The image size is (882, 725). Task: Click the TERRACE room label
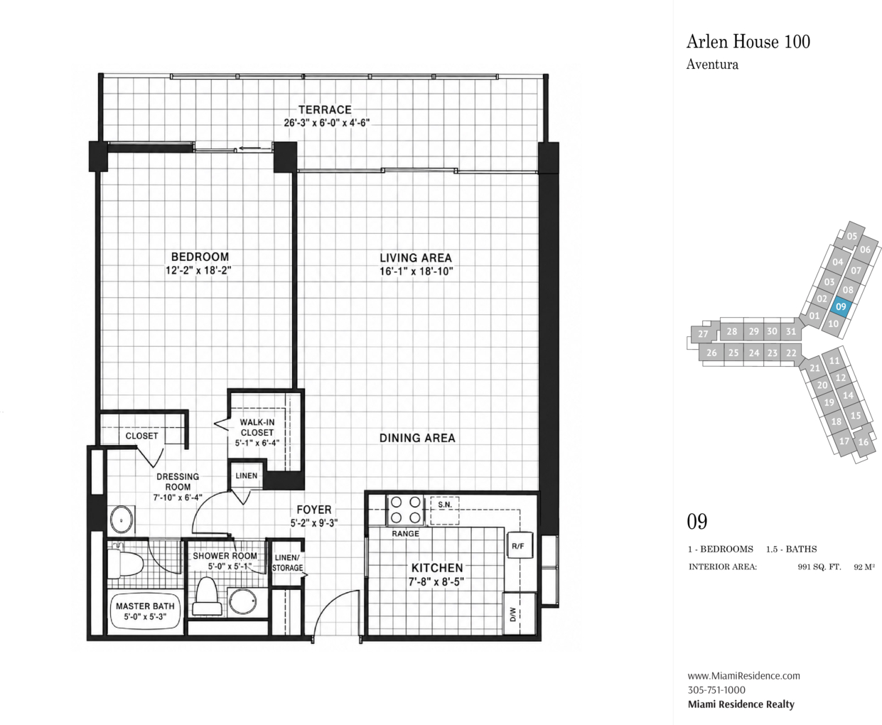pyautogui.click(x=325, y=109)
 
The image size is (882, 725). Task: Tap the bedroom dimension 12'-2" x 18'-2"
pyautogui.click(x=198, y=270)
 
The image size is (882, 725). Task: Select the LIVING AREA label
pyautogui.click(x=416, y=258)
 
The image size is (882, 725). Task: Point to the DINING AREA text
pyautogui.click(x=417, y=438)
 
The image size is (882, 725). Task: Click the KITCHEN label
pyautogui.click(x=437, y=568)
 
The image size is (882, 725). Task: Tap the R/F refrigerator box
pyautogui.click(x=520, y=545)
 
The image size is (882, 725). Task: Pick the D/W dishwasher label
pyautogui.click(x=513, y=615)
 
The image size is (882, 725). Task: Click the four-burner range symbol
pyautogui.click(x=405, y=510)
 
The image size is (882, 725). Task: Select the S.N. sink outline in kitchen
pyautogui.click(x=445, y=510)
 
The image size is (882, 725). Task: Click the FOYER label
pyautogui.click(x=313, y=510)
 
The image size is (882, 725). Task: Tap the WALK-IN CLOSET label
pyautogui.click(x=257, y=427)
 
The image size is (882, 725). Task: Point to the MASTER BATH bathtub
pyautogui.click(x=145, y=611)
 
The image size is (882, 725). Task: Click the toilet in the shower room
pyautogui.click(x=207, y=596)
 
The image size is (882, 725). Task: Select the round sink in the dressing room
pyautogui.click(x=122, y=520)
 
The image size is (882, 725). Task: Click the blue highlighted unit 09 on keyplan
pyautogui.click(x=841, y=306)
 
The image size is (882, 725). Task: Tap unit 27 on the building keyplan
pyautogui.click(x=703, y=334)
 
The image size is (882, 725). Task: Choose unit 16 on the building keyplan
pyautogui.click(x=864, y=442)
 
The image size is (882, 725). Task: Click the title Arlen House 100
pyautogui.click(x=748, y=42)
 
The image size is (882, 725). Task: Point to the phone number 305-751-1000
pyautogui.click(x=716, y=690)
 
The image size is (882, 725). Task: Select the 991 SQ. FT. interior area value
pyautogui.click(x=819, y=567)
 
